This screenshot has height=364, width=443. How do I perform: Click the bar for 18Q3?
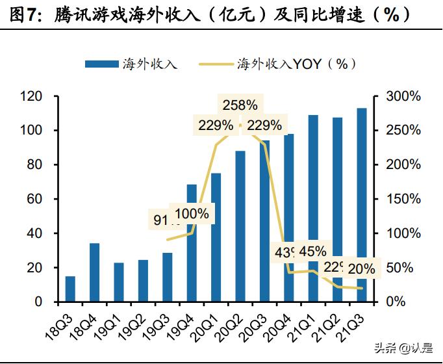coord(70,289)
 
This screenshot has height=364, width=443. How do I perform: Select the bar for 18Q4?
coord(94,273)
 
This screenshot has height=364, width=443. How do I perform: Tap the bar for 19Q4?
coord(192,244)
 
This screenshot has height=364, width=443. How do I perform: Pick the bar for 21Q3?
coord(362,205)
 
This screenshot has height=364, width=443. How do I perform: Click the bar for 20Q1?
coord(216,238)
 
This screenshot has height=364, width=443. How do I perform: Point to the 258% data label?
coord(240,105)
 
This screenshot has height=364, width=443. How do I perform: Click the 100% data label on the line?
coord(192,213)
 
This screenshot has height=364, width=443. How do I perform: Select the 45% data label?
coord(313,251)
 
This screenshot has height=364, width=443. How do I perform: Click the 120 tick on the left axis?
coord(31,96)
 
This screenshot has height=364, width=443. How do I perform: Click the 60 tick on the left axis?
coord(34,199)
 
